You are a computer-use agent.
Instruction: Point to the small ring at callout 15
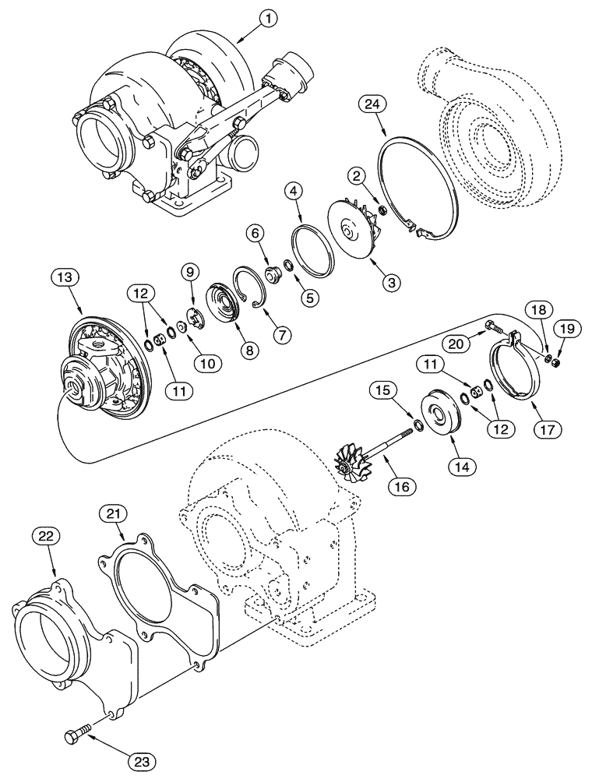tap(418, 425)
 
